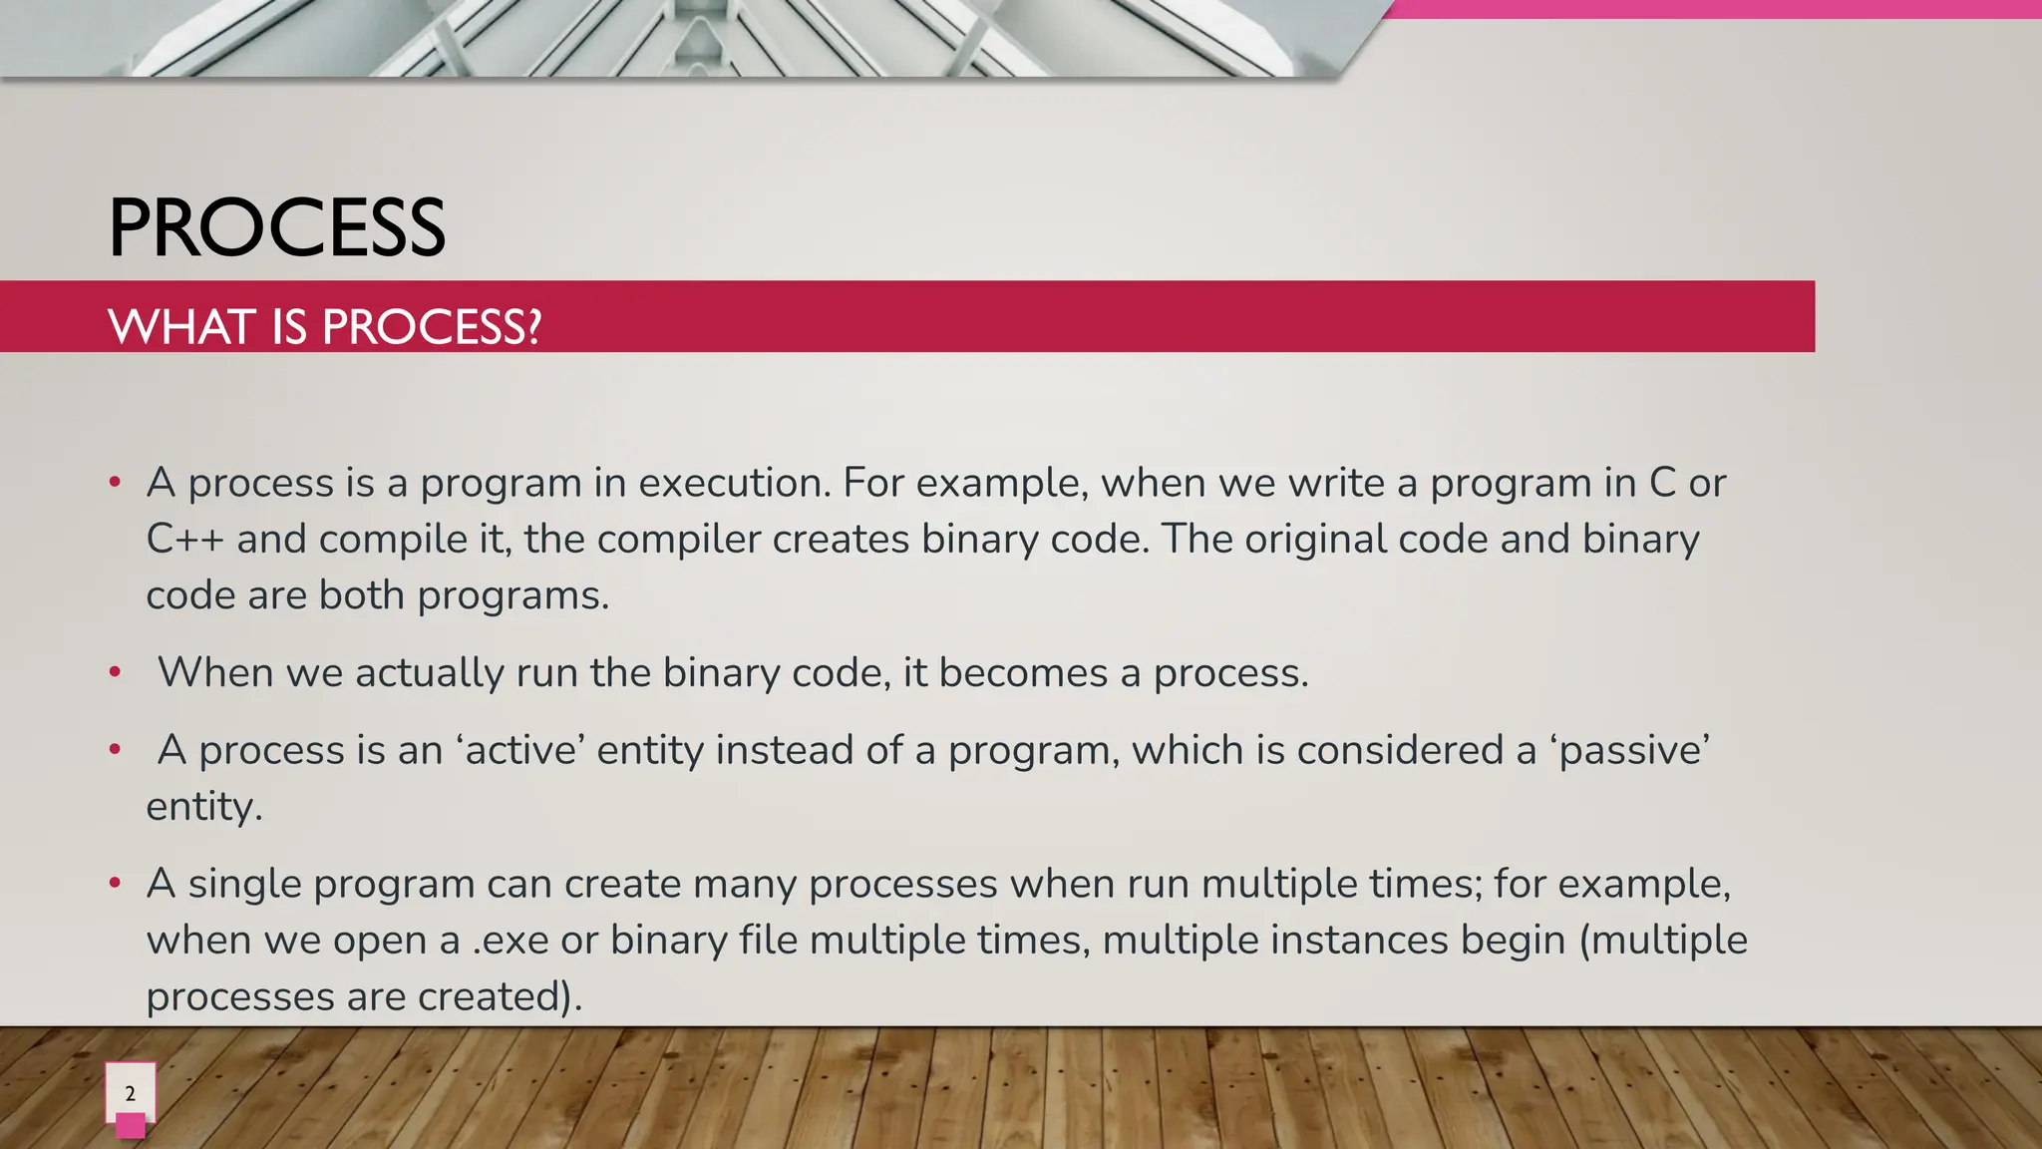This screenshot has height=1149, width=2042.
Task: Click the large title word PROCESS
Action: pyautogui.click(x=276, y=228)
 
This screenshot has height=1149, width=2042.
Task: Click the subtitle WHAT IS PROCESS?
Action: pyautogui.click(x=324, y=327)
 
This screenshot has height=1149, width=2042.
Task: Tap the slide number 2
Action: pyautogui.click(x=130, y=1093)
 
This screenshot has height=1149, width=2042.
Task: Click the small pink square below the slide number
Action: pyautogui.click(x=131, y=1126)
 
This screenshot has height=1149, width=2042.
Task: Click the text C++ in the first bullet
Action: pyautogui.click(x=184, y=540)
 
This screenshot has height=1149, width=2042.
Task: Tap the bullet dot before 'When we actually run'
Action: pyautogui.click(x=116, y=672)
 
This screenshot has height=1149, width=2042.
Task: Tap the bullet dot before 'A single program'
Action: pyautogui.click(x=116, y=884)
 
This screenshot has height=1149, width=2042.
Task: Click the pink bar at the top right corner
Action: pyautogui.click(x=1710, y=9)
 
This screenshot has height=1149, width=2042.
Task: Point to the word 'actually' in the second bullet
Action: pyautogui.click(x=430, y=673)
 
